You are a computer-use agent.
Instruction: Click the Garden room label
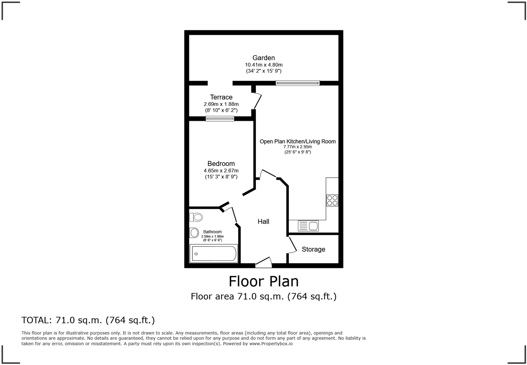click(x=263, y=58)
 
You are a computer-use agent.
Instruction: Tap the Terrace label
click(x=221, y=97)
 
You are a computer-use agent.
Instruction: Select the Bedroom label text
click(x=221, y=164)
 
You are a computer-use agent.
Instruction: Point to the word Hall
click(x=263, y=222)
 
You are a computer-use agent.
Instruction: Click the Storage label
click(x=313, y=249)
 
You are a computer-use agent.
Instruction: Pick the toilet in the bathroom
click(x=196, y=217)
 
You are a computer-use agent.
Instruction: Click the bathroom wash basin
click(x=194, y=233)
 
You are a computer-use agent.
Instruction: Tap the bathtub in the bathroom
click(x=214, y=254)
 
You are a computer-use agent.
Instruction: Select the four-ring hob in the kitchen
click(x=332, y=201)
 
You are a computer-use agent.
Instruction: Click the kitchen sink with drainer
click(x=308, y=226)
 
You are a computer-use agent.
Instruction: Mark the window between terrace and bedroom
click(x=220, y=119)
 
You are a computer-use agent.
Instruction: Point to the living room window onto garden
click(x=298, y=83)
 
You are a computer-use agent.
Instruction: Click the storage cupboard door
click(x=292, y=245)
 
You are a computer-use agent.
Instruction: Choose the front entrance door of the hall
click(x=263, y=262)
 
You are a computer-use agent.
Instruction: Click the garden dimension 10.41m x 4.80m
click(x=263, y=65)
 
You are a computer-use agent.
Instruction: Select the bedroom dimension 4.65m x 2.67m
click(x=221, y=171)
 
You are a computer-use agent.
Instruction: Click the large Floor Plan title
click(x=263, y=281)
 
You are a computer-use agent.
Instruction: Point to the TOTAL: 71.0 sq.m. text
click(x=88, y=320)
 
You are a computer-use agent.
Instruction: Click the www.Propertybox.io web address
click(x=271, y=344)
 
